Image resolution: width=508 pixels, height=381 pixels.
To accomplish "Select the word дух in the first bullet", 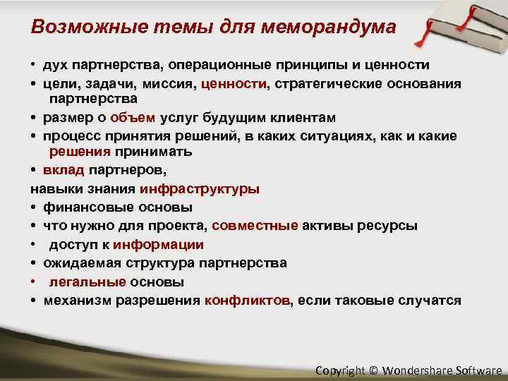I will click(x=57, y=66).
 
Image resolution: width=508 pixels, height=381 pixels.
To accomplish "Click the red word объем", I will click(x=133, y=117).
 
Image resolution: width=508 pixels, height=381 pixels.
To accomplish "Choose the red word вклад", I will click(x=64, y=170).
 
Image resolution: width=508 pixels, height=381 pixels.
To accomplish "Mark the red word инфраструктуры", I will click(x=200, y=189).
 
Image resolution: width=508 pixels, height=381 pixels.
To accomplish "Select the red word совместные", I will click(x=255, y=226).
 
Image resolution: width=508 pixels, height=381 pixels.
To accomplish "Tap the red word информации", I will click(x=159, y=245).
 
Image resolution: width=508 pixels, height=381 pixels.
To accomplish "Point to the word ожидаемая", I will click(x=77, y=263).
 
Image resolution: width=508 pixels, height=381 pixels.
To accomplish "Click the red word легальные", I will click(x=87, y=282).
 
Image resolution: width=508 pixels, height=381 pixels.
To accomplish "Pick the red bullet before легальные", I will click(x=34, y=282).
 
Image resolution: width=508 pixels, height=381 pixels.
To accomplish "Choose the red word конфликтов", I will click(x=247, y=301).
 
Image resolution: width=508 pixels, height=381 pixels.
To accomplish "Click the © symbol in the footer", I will click(x=373, y=370).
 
